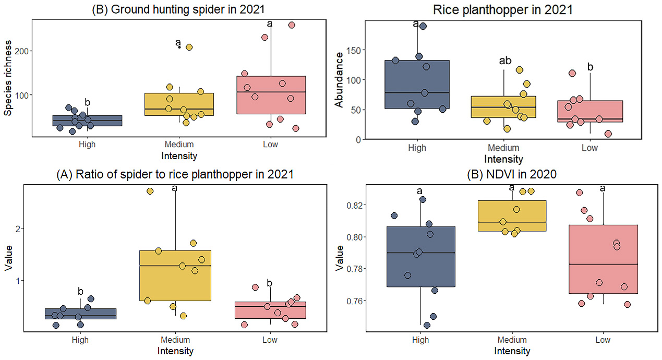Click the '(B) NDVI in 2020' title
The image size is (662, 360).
[511, 175]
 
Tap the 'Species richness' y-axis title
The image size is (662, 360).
[8, 78]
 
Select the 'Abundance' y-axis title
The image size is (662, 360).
[339, 80]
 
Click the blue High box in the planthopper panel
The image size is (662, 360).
[417, 83]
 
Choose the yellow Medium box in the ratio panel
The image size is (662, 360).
[175, 275]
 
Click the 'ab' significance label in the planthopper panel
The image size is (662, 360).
[505, 61]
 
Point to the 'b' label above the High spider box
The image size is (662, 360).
[87, 102]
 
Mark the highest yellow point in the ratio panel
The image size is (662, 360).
[150, 191]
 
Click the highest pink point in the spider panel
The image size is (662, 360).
[292, 25]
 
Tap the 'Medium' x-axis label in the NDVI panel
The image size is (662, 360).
[511, 340]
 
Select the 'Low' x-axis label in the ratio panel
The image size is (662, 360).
[270, 340]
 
